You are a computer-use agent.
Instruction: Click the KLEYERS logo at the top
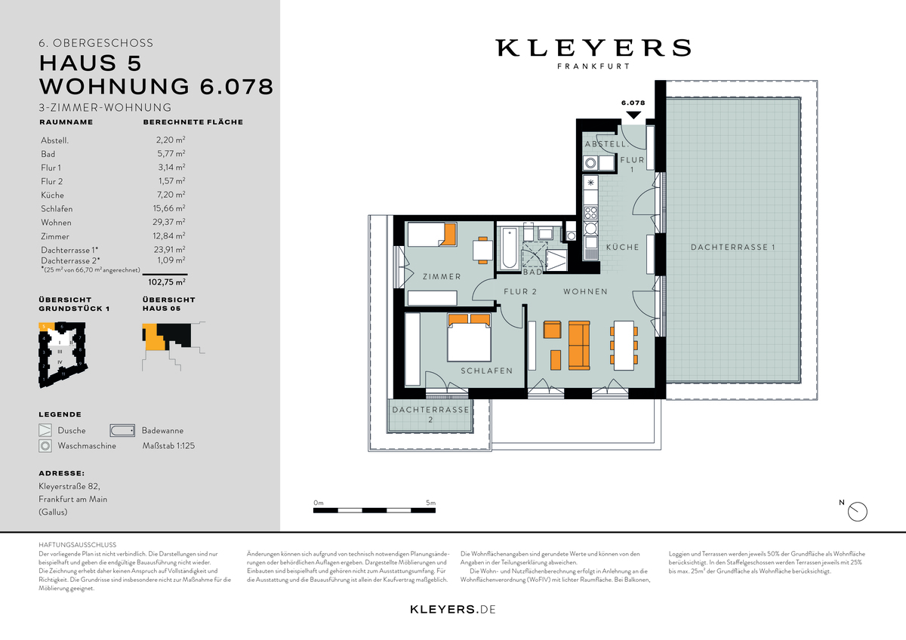[593, 48]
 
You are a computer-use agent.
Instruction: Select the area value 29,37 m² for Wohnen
[170, 222]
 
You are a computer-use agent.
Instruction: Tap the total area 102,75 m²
[167, 282]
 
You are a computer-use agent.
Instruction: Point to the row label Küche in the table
[52, 195]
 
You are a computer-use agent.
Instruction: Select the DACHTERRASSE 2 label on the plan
[430, 414]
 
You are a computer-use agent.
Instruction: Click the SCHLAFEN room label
[487, 371]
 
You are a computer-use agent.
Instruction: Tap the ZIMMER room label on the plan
[442, 277]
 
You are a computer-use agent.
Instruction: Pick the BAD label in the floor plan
[532, 272]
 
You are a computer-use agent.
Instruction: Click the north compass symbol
[858, 512]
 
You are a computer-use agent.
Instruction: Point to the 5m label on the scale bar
[430, 503]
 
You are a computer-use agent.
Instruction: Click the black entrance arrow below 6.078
[633, 115]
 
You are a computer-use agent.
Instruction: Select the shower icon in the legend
[45, 430]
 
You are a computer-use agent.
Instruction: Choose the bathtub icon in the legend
[122, 430]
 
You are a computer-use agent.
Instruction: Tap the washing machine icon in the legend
[45, 446]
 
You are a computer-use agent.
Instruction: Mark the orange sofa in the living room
[579, 344]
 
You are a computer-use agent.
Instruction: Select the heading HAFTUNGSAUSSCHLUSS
[77, 544]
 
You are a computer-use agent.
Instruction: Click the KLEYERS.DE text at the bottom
[452, 609]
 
